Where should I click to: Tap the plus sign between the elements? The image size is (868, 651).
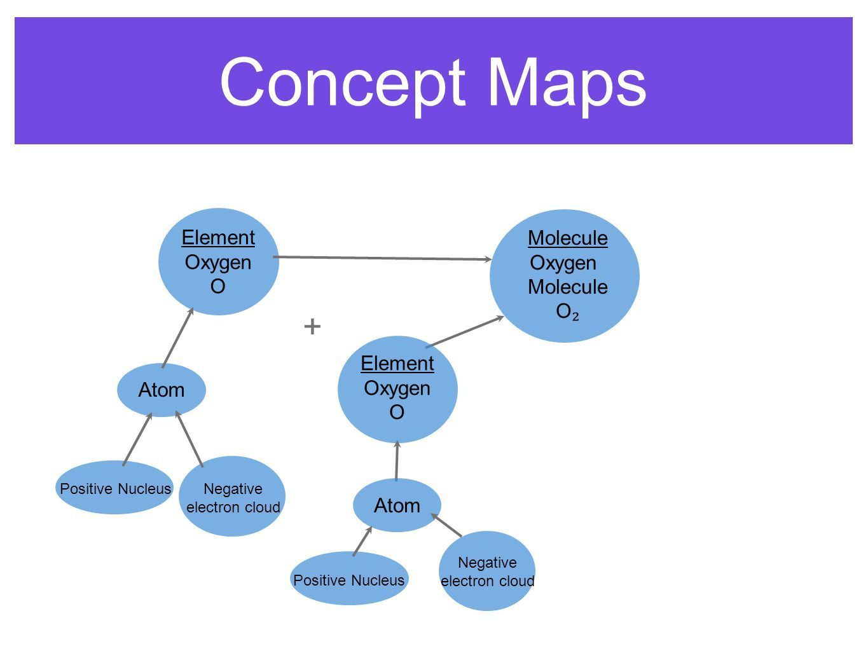coord(312,327)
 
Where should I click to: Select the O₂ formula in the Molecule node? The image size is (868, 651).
coord(567,312)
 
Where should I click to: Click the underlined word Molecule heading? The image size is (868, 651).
coord(567,238)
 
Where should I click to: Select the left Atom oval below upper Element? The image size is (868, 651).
coord(162,390)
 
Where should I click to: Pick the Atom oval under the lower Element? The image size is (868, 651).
coord(397,505)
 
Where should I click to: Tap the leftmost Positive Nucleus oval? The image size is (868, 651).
coord(114,488)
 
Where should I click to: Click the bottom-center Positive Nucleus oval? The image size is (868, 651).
coord(348,579)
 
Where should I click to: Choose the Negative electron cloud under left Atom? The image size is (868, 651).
coord(232,497)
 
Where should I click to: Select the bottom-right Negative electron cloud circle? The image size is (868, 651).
coord(487,571)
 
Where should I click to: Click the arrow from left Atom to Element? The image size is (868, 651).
coord(177,337)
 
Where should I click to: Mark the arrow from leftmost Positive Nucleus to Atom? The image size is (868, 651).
coord(137,439)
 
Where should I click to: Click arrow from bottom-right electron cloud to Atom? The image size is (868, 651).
coord(447,526)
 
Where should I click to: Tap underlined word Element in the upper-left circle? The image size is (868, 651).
coord(218,238)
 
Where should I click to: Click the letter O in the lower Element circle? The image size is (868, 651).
coord(397,413)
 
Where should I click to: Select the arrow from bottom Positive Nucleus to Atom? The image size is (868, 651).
coord(362,541)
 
